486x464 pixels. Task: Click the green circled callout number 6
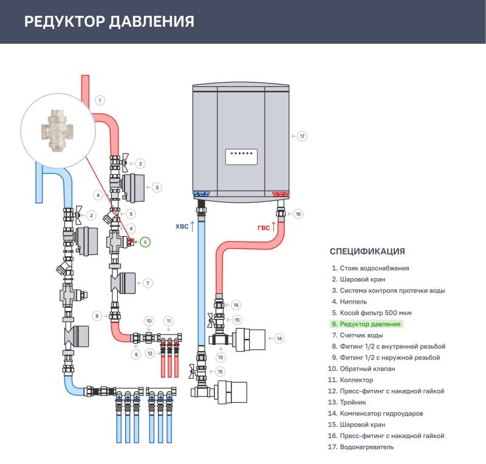[145, 242]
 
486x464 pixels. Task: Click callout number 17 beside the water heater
[302, 136]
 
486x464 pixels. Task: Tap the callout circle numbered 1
[100, 100]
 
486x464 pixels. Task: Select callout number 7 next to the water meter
[148, 283]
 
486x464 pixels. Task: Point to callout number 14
[279, 338]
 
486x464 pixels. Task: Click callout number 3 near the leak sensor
[157, 188]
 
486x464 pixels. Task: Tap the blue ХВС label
[182, 227]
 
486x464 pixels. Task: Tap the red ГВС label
[264, 228]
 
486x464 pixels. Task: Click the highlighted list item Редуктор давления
[366, 324]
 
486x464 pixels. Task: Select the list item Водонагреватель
[361, 447]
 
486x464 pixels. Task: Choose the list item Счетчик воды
[357, 335]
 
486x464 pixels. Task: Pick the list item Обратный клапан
[361, 369]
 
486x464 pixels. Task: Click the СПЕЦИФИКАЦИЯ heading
[368, 251]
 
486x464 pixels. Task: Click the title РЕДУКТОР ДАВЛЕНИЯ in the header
[109, 22]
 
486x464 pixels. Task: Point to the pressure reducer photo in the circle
[57, 131]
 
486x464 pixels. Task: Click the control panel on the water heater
[241, 157]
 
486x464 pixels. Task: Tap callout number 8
[97, 316]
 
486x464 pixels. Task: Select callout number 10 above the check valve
[149, 321]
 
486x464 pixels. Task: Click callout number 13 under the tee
[221, 357]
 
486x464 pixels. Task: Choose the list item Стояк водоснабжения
[371, 268]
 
